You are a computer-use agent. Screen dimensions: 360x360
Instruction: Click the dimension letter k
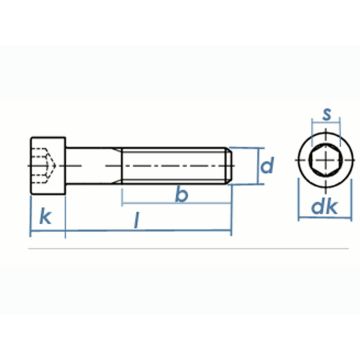(x=46, y=215)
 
